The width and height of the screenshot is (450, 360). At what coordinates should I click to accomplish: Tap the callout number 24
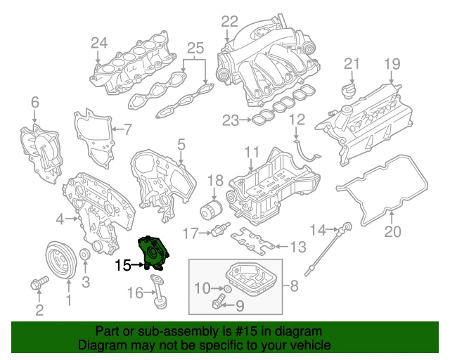(x=99, y=43)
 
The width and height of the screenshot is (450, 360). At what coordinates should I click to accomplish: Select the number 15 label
(x=123, y=266)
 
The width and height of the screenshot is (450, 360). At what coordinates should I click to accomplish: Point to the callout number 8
(x=294, y=287)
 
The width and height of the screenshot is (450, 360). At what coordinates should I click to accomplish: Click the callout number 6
(x=34, y=105)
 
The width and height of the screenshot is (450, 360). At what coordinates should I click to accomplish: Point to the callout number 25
(x=195, y=49)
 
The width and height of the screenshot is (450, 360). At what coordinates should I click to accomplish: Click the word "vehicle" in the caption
(x=307, y=345)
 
